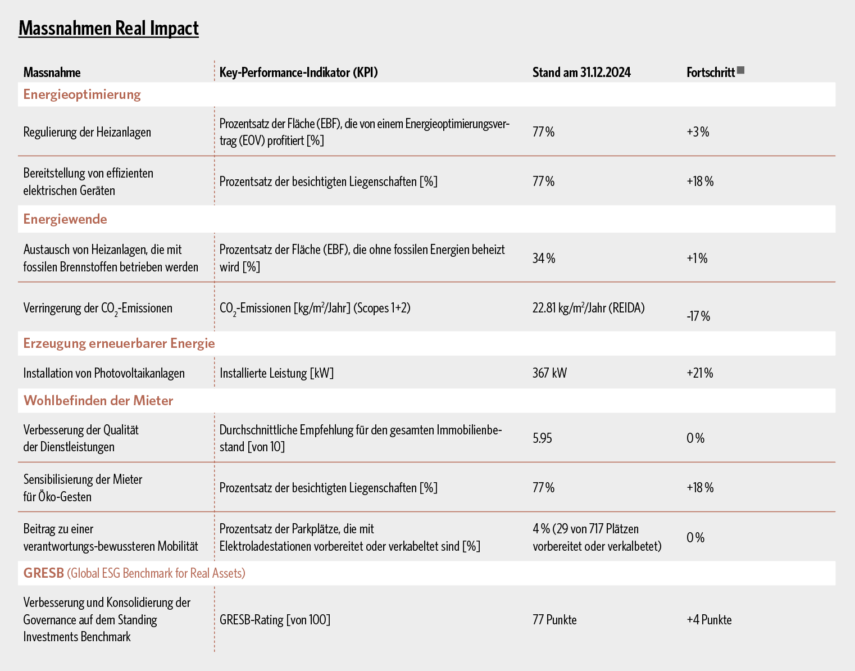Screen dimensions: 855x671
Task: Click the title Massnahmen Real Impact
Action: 108,28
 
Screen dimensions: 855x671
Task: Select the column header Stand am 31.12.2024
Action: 581,72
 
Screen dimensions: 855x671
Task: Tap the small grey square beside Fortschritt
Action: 740,70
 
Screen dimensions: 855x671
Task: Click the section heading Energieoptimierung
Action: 82,95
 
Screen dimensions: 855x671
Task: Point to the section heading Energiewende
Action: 65,219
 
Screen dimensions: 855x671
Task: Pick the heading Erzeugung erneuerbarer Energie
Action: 119,343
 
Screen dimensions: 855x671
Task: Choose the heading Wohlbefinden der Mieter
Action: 98,401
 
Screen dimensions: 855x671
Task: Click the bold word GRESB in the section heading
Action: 43,573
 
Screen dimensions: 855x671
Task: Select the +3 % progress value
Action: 698,132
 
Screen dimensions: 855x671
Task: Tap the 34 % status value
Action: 543,258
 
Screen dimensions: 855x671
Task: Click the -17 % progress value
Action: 698,316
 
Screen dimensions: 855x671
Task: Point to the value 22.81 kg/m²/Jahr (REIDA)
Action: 588,308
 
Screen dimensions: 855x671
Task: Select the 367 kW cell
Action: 549,373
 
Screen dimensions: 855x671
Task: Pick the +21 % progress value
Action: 699,373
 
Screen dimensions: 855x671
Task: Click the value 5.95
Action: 542,438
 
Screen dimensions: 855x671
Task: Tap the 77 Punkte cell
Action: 554,620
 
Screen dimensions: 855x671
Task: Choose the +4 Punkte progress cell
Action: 709,620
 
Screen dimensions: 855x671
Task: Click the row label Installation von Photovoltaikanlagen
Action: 104,373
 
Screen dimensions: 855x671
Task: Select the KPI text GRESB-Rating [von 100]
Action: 275,620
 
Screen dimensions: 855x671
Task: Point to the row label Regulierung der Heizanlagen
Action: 87,132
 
